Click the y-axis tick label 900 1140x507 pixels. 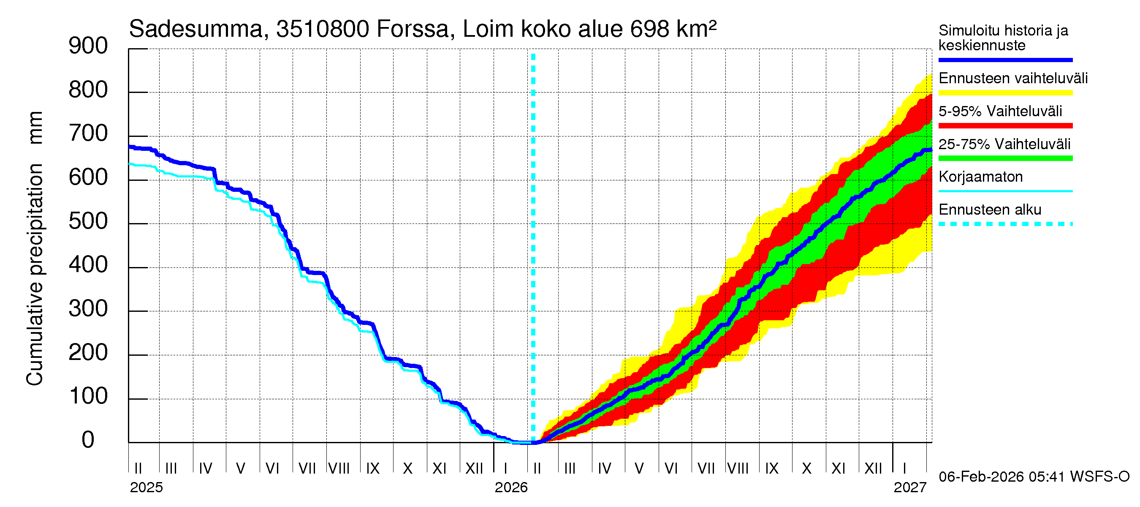click(88, 46)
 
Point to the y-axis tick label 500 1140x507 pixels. click(88, 221)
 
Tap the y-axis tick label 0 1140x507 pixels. click(88, 440)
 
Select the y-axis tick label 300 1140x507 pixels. click(88, 308)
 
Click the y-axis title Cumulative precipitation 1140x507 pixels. click(35, 275)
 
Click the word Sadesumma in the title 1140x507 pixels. click(195, 29)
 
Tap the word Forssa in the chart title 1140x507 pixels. click(413, 29)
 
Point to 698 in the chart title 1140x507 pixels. click(650, 29)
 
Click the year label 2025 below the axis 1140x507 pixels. click(147, 488)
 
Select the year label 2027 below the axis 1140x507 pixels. click(910, 488)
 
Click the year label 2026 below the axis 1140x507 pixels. click(511, 488)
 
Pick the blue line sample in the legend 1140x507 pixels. click(1005, 60)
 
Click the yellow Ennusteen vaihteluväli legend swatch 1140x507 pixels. click(1005, 93)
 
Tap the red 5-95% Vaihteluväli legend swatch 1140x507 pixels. click(1005, 126)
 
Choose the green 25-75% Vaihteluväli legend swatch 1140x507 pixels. click(1005, 158)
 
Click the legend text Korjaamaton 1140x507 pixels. click(981, 177)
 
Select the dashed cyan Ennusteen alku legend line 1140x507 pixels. click(1005, 224)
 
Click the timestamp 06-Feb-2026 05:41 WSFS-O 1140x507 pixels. click(1034, 477)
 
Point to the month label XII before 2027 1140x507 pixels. click(873, 469)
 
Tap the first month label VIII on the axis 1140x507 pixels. click(339, 469)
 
